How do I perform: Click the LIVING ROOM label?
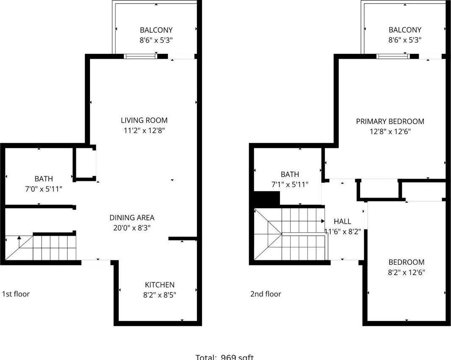[144, 120]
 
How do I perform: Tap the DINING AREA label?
[132, 218]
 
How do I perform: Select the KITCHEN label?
[160, 285]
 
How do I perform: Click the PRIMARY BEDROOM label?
[390, 122]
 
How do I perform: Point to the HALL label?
[342, 221]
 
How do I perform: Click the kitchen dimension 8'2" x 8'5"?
[160, 295]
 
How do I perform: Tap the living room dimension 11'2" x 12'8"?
[144, 131]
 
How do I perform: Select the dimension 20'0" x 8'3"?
[132, 228]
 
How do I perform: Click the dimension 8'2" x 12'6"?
[406, 272]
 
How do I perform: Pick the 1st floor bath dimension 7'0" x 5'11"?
[44, 189]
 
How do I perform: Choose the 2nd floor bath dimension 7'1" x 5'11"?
[290, 184]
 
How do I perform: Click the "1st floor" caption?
[16, 294]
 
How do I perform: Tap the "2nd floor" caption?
[266, 294]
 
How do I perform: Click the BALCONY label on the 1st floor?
[156, 30]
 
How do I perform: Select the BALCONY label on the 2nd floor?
[405, 30]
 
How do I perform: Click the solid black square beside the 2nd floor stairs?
[266, 199]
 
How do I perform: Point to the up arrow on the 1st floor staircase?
[19, 239]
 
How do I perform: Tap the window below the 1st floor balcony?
[140, 56]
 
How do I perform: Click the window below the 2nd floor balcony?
[392, 56]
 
